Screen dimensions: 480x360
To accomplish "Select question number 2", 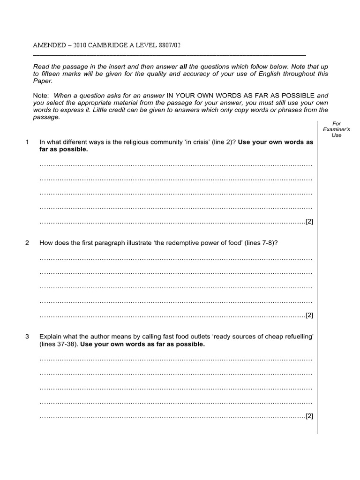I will click(28, 243).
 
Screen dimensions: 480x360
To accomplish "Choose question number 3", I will click(28, 337).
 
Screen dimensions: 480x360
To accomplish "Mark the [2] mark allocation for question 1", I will click(309, 222).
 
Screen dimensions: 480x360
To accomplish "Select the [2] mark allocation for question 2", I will click(309, 315).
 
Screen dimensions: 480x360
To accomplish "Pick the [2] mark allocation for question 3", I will click(309, 416).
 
